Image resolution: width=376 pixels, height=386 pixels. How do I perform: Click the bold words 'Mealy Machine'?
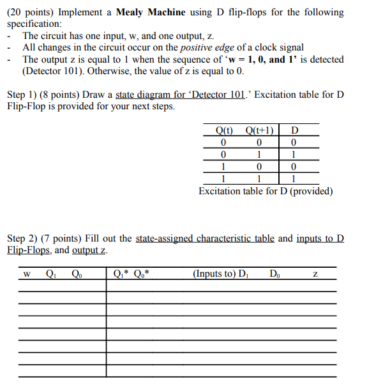tap(156, 12)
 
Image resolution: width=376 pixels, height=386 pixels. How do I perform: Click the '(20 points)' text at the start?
tap(31, 12)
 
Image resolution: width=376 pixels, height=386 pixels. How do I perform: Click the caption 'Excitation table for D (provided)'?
tap(266, 191)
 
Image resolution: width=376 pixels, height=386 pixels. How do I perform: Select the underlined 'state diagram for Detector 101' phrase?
tap(180, 95)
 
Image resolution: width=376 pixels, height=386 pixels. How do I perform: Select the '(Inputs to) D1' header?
tap(220, 274)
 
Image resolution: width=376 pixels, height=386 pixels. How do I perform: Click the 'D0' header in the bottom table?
tap(275, 274)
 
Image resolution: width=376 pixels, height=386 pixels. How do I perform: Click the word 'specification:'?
tap(34, 23)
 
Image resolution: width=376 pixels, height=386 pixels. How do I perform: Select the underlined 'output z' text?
tap(90, 250)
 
